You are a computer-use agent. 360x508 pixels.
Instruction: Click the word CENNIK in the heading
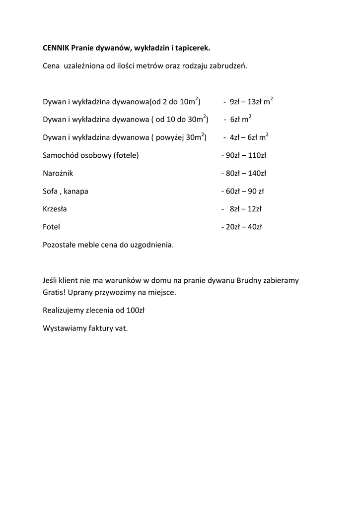[56, 48]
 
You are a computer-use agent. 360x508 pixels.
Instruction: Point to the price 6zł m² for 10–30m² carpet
[240, 120]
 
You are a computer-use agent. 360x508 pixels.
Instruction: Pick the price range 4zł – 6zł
[243, 137]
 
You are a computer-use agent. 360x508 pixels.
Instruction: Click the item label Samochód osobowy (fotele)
[91, 155]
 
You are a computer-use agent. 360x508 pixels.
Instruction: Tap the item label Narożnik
[58, 173]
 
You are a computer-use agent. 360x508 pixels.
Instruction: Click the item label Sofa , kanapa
[66, 191]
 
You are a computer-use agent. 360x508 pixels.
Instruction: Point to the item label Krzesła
[55, 209]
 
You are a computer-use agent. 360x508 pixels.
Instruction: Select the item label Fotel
[52, 227]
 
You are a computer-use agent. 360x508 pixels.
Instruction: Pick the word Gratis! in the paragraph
[54, 292]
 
